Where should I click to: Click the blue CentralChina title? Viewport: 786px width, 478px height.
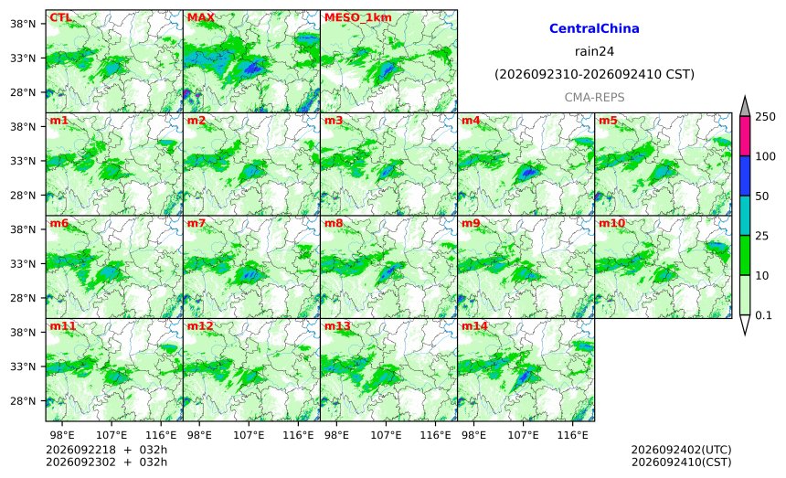coord(594,28)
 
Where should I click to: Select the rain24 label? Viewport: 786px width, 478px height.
coord(594,51)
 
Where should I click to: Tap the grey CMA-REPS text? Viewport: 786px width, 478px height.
coord(594,97)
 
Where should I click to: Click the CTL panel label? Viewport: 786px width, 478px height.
coord(60,18)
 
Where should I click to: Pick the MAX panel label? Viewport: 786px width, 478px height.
coord(200,18)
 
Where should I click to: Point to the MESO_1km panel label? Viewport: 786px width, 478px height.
coord(358,18)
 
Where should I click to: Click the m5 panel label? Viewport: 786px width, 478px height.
coord(608,121)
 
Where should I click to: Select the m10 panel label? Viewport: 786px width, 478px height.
coord(611,224)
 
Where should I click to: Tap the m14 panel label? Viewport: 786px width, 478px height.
coord(474,326)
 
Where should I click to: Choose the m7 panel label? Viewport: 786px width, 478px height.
coord(196,224)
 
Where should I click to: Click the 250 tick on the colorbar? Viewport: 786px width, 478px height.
coord(766,117)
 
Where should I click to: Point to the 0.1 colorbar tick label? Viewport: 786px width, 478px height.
coord(763,315)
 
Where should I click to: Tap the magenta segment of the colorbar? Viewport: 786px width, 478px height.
coord(745,136)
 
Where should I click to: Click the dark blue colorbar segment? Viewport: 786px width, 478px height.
coord(745,175)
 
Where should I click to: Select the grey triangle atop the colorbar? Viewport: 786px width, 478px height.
coord(745,107)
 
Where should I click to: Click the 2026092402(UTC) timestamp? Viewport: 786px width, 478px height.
coord(681,450)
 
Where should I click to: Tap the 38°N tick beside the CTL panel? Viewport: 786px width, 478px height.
coord(23,24)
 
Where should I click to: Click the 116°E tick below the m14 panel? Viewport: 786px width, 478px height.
coord(572,435)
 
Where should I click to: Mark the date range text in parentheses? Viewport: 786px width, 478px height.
coord(594,75)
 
